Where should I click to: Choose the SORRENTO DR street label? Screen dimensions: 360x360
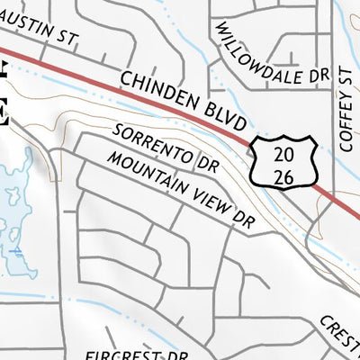tap(166, 148)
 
